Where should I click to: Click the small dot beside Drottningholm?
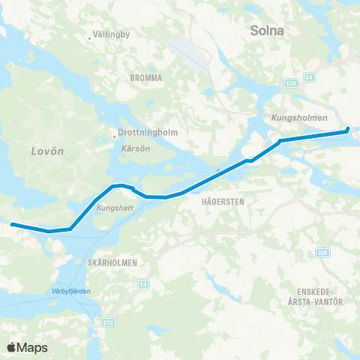tap(114, 136)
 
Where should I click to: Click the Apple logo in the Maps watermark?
tap(12, 347)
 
